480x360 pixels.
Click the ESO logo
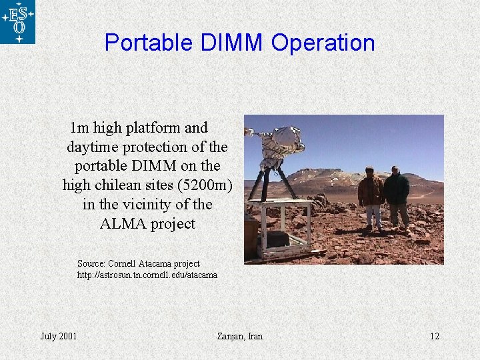(17, 22)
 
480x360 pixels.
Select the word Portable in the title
(149, 43)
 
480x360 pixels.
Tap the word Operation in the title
(323, 43)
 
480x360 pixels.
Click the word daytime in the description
(91, 147)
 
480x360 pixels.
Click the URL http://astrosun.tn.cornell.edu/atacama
(147, 275)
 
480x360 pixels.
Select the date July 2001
(59, 335)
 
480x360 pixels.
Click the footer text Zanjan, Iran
(240, 335)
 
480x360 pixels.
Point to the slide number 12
(434, 335)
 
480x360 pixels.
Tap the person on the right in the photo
(397, 195)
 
